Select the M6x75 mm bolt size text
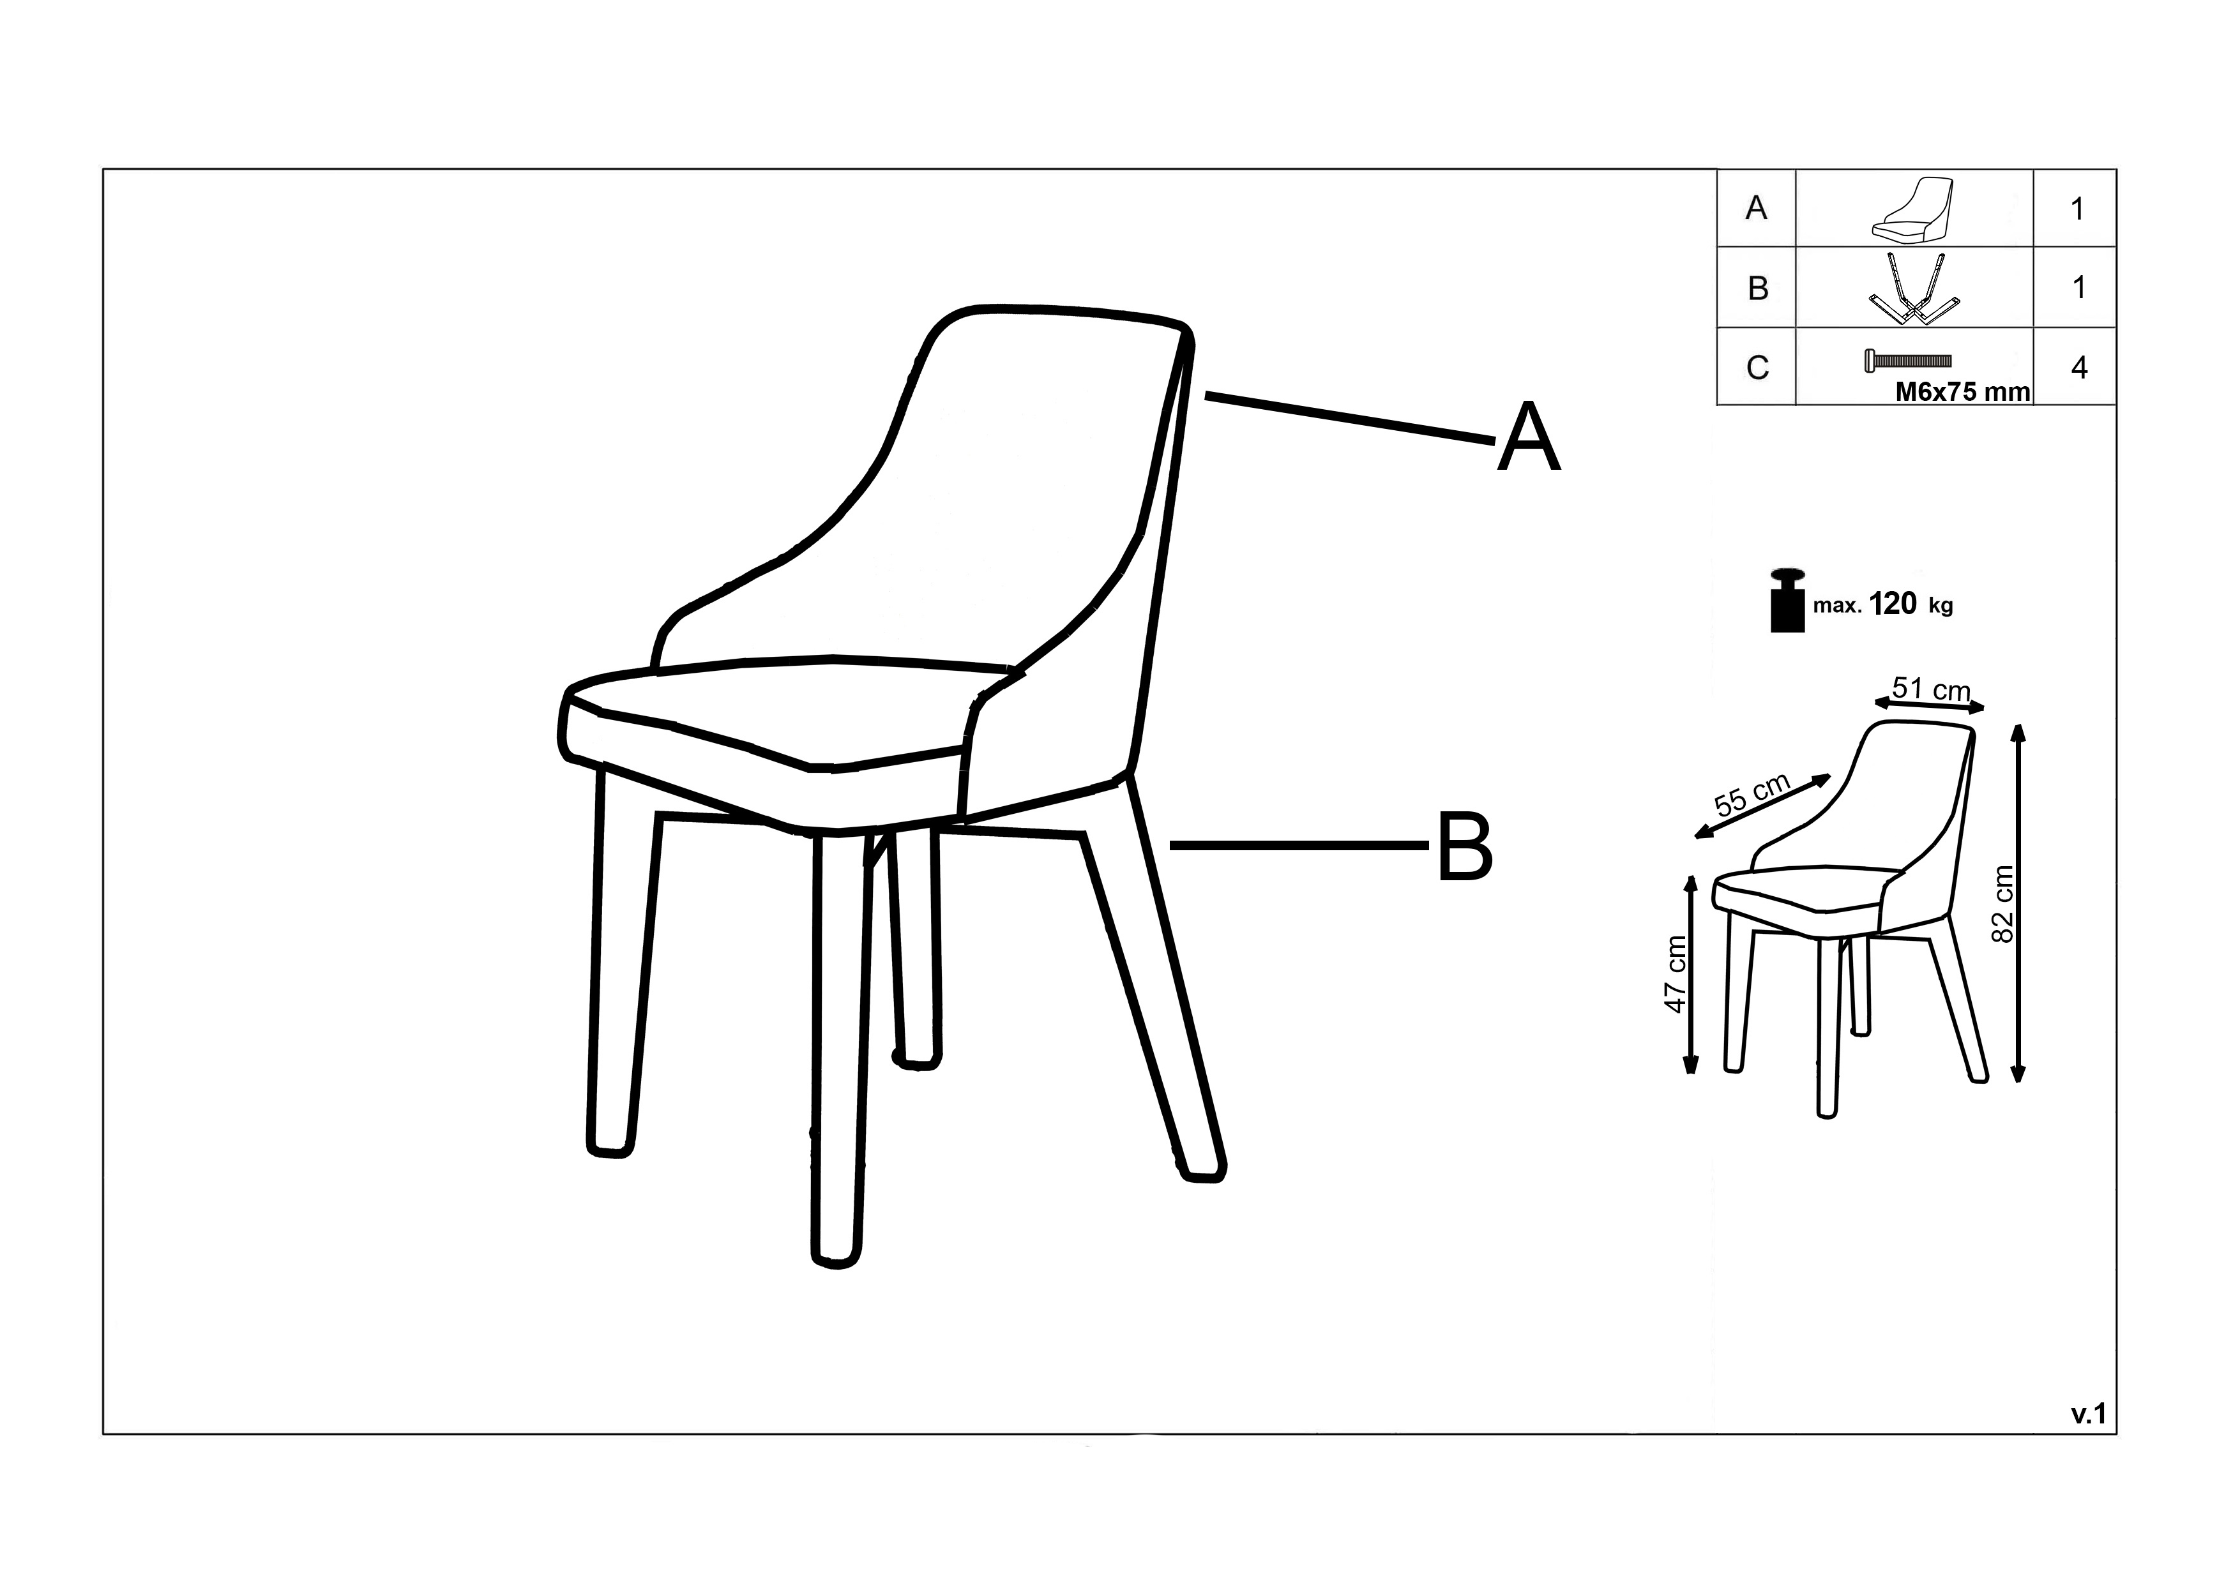pos(1962,392)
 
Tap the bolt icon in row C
pos(1907,361)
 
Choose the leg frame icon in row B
pos(1913,288)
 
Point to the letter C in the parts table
pos(1757,368)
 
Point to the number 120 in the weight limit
pos(1894,604)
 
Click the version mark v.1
pos(2089,1415)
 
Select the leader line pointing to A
pos(1351,419)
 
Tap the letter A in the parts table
pos(1756,207)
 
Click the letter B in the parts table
pos(1757,289)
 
